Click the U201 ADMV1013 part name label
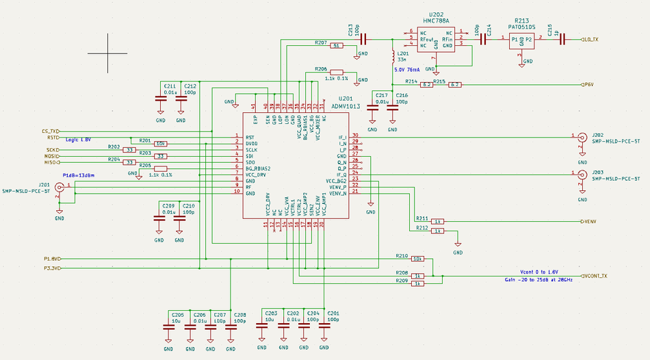click(x=346, y=106)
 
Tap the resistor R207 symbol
click(x=336, y=46)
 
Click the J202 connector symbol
click(x=582, y=136)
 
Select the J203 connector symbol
click(x=582, y=174)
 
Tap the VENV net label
click(x=589, y=222)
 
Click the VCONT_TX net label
click(x=595, y=276)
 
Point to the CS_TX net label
click(x=51, y=131)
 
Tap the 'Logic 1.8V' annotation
click(x=79, y=140)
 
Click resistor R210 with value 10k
click(x=417, y=259)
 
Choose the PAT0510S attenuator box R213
click(x=521, y=40)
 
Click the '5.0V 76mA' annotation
click(x=408, y=70)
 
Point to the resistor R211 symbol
click(x=438, y=221)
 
